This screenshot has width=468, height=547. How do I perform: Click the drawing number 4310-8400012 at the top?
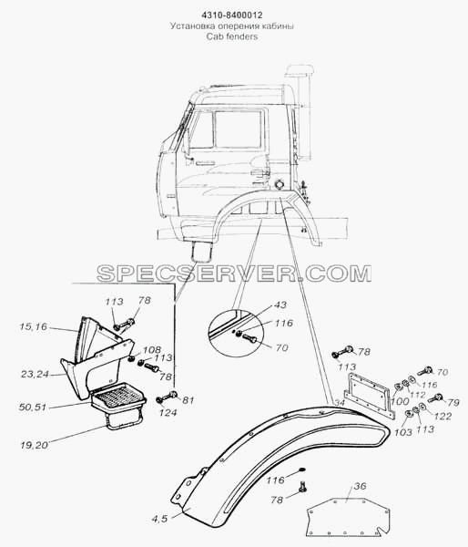pyautogui.click(x=232, y=15)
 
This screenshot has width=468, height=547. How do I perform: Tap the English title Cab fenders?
pyautogui.click(x=232, y=36)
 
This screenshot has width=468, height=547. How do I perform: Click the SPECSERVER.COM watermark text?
pyautogui.click(x=234, y=273)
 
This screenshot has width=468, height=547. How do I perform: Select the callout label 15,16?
pyautogui.click(x=33, y=326)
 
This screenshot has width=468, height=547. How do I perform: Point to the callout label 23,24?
pyautogui.click(x=35, y=374)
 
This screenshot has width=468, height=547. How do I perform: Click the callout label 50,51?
pyautogui.click(x=33, y=408)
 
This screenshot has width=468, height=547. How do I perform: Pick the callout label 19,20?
pyautogui.click(x=35, y=445)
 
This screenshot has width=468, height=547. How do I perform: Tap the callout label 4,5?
pyautogui.click(x=159, y=519)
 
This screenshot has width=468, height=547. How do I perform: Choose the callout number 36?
pyautogui.click(x=360, y=486)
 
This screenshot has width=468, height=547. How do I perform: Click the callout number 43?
pyautogui.click(x=280, y=304)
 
